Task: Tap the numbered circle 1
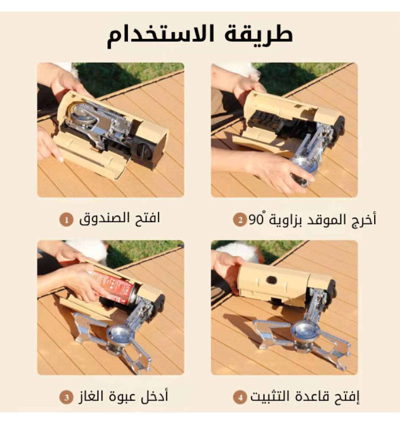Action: click(66, 219)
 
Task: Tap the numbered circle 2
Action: click(240, 219)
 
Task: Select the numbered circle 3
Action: click(66, 398)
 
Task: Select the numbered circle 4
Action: click(240, 398)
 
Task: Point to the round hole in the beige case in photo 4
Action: click(272, 280)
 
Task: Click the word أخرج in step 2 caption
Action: click(365, 220)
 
